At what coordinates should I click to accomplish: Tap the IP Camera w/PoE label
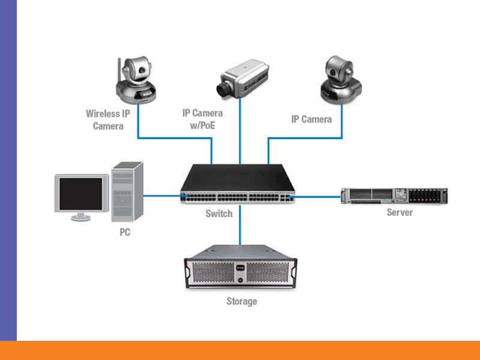(202, 119)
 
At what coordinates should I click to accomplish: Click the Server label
(400, 212)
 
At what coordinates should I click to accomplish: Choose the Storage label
(241, 301)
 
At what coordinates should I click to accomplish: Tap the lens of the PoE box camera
(224, 90)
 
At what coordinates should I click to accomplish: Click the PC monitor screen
(80, 193)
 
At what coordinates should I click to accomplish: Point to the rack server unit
(394, 196)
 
